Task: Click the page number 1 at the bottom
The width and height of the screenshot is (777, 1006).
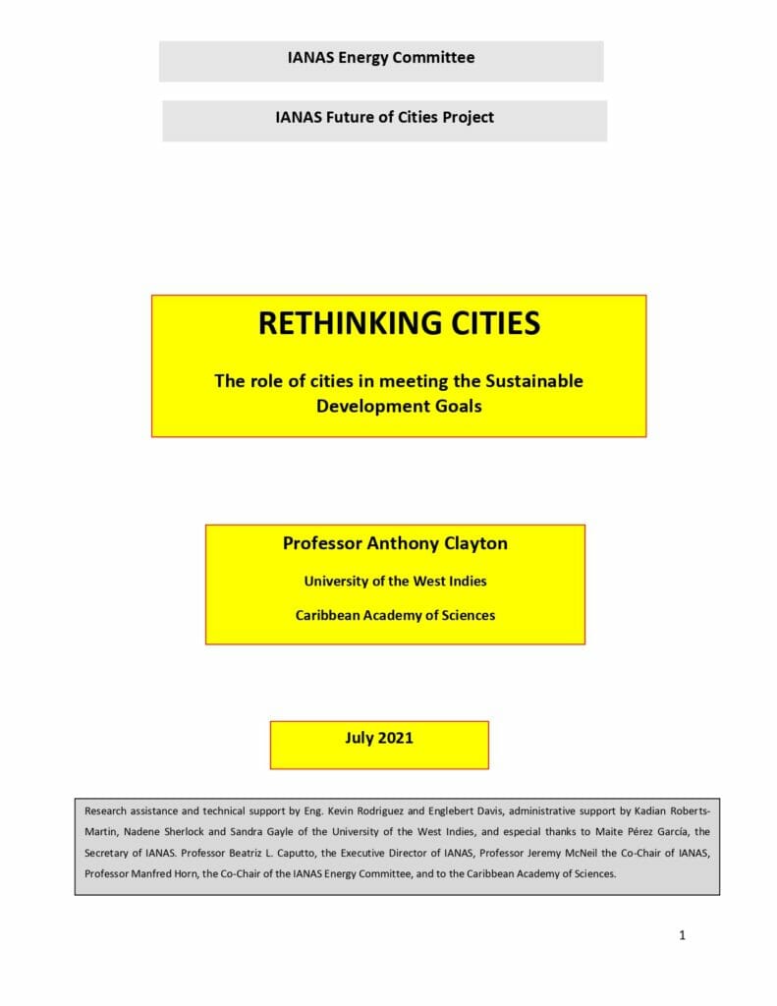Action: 682,935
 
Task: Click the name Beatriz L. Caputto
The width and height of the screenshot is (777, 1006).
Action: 255,853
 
